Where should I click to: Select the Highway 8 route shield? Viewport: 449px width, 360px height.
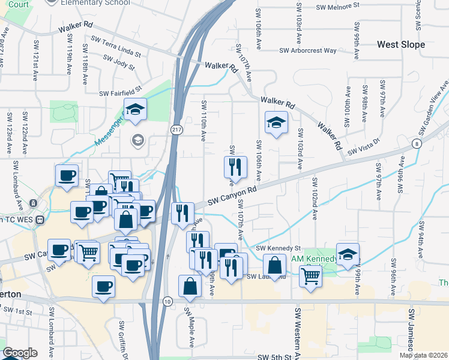(416, 144)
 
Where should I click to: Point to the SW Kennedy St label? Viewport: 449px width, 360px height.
(278, 248)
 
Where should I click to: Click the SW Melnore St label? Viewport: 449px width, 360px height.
(338, 5)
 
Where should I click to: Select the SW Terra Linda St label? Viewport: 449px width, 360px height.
(116, 46)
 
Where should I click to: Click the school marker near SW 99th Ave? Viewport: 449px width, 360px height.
(348, 254)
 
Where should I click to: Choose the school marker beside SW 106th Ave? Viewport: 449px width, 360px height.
(276, 123)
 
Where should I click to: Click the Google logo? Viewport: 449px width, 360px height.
(20, 353)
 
